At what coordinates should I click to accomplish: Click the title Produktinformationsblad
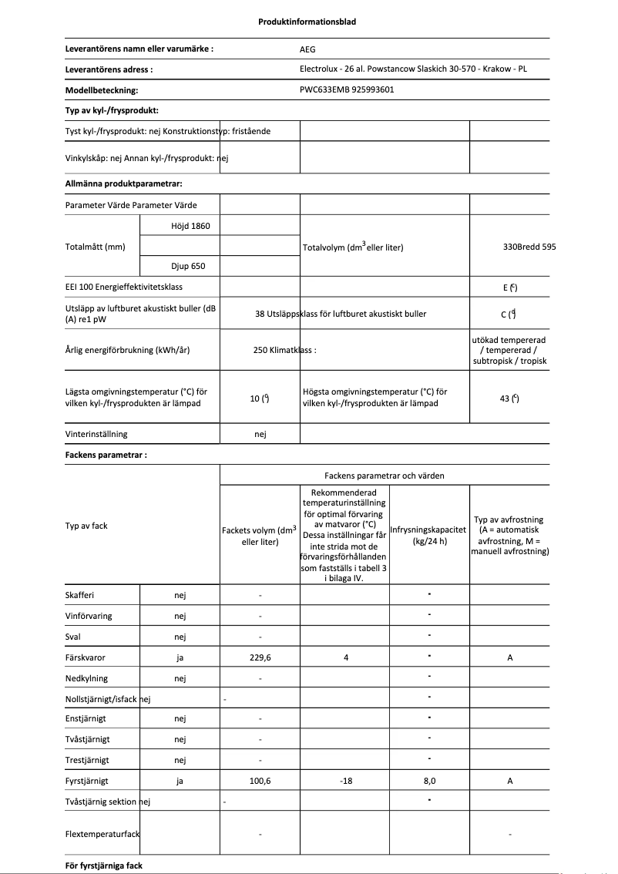click(307, 22)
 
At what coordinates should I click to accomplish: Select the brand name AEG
click(307, 48)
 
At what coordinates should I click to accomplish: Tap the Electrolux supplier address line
click(413, 69)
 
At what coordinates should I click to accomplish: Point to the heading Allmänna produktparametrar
click(123, 184)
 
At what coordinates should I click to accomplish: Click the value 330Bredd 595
click(529, 247)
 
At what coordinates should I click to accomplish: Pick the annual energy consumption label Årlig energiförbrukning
click(128, 350)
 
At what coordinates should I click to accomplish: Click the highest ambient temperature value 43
click(509, 398)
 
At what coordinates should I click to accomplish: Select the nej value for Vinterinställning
click(260, 435)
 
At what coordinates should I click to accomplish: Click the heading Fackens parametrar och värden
click(384, 476)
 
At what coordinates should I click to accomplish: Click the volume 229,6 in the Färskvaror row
click(260, 657)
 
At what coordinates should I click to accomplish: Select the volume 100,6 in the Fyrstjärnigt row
click(260, 781)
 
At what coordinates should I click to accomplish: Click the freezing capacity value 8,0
click(429, 781)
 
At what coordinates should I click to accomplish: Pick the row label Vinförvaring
click(91, 616)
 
